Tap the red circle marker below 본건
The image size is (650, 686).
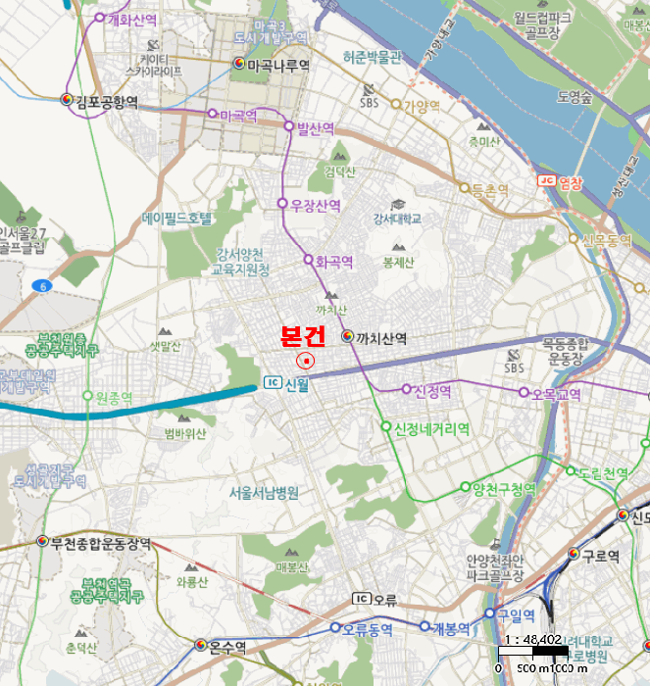307,361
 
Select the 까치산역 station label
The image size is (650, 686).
380,337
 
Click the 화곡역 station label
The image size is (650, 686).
333,262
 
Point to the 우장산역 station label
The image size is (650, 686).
316,205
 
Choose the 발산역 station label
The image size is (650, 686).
315,127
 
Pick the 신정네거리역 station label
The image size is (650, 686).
431,428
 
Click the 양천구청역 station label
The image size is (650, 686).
503,487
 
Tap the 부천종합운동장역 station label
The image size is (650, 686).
101,541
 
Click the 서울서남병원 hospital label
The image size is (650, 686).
264,492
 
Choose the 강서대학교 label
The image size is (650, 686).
397,219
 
